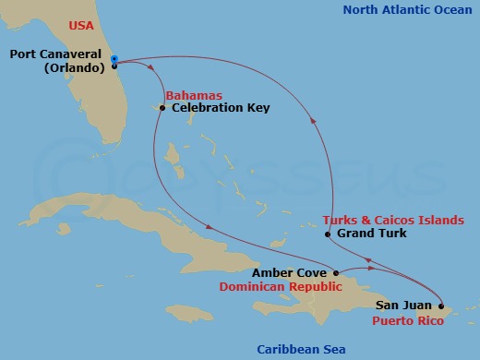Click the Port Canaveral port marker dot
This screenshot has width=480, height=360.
(x=114, y=66)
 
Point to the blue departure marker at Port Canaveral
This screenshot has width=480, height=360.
(x=114, y=59)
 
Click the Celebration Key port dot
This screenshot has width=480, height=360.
(x=162, y=108)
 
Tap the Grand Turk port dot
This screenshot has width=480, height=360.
(x=328, y=234)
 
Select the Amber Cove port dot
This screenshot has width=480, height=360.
(x=337, y=273)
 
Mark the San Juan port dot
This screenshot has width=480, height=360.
(x=441, y=306)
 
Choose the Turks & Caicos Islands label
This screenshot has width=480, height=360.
(x=393, y=221)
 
